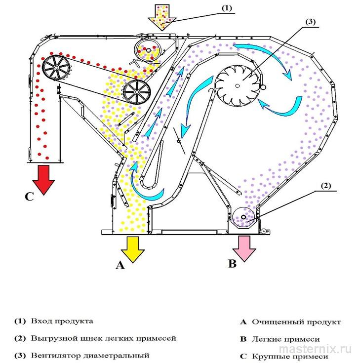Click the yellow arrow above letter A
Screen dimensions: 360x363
(x=133, y=249)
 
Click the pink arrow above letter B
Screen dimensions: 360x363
(x=244, y=248)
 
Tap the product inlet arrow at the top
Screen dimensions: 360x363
(x=162, y=17)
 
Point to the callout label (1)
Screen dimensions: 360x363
(x=227, y=8)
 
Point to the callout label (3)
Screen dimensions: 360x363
(x=311, y=22)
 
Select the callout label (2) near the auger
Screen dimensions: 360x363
(x=326, y=186)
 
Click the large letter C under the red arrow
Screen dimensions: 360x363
(x=30, y=197)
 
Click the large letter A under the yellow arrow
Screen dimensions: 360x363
(x=120, y=265)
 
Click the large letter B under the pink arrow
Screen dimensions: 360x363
(x=233, y=264)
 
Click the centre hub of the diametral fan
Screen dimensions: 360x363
(x=238, y=86)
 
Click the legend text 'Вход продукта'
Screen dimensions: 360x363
(x=62, y=322)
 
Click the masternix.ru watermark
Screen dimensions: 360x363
(x=316, y=349)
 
